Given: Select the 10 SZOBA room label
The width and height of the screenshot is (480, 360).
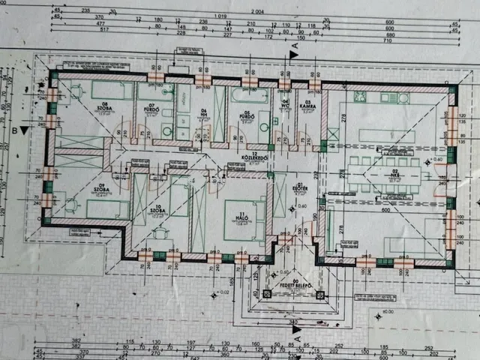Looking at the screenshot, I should click(158, 210).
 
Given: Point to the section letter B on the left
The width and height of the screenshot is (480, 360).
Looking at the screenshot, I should click(14, 130).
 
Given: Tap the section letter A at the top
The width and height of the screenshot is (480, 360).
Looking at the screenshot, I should click(295, 46).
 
